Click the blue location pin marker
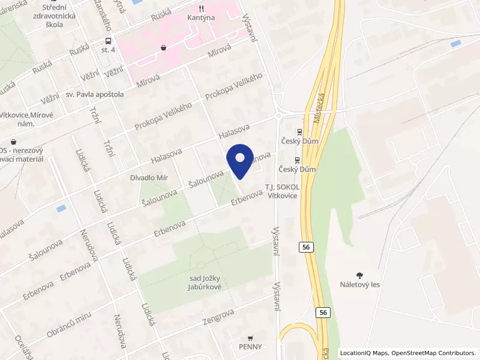240,160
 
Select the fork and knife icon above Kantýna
201,8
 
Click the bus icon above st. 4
108,41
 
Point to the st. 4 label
108,50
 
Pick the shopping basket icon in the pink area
163,47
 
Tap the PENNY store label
250,347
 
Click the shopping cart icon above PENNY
250,337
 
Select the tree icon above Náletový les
359,275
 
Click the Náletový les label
359,285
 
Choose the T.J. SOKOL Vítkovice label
283,191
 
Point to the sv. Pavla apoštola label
95,94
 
